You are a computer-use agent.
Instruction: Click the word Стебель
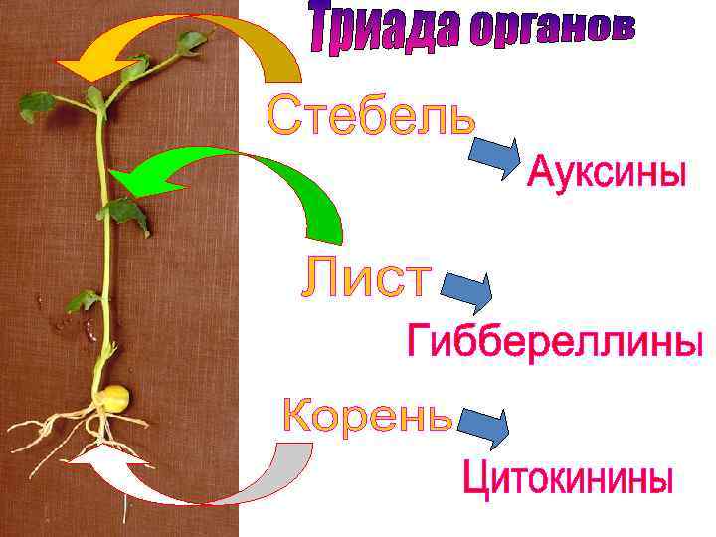tap(370, 115)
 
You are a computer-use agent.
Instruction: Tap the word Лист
tap(366, 277)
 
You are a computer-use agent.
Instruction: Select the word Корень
tap(368, 416)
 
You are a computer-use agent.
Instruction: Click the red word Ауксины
tap(606, 171)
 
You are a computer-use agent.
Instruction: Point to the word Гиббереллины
tap(555, 342)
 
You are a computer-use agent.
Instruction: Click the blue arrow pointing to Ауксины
tap(495, 156)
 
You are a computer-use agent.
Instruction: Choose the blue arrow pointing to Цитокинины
tap(483, 425)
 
